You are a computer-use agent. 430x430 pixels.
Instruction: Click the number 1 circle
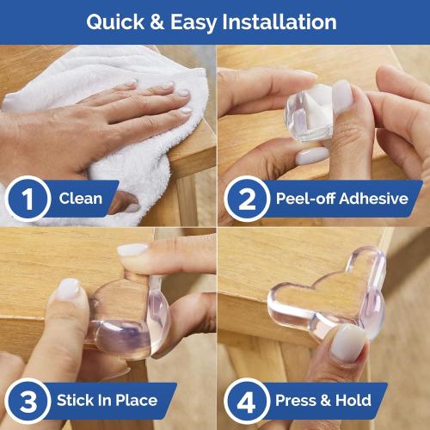pos(27,200)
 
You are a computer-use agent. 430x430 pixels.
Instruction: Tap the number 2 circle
pos(243,200)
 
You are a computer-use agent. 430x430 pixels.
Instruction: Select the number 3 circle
pos(27,401)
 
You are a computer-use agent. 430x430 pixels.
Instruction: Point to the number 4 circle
pos(243,401)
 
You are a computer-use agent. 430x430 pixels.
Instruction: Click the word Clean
pos(82,200)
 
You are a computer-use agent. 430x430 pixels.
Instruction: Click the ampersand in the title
pos(157,21)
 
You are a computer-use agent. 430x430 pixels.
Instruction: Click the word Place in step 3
pos(137,401)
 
